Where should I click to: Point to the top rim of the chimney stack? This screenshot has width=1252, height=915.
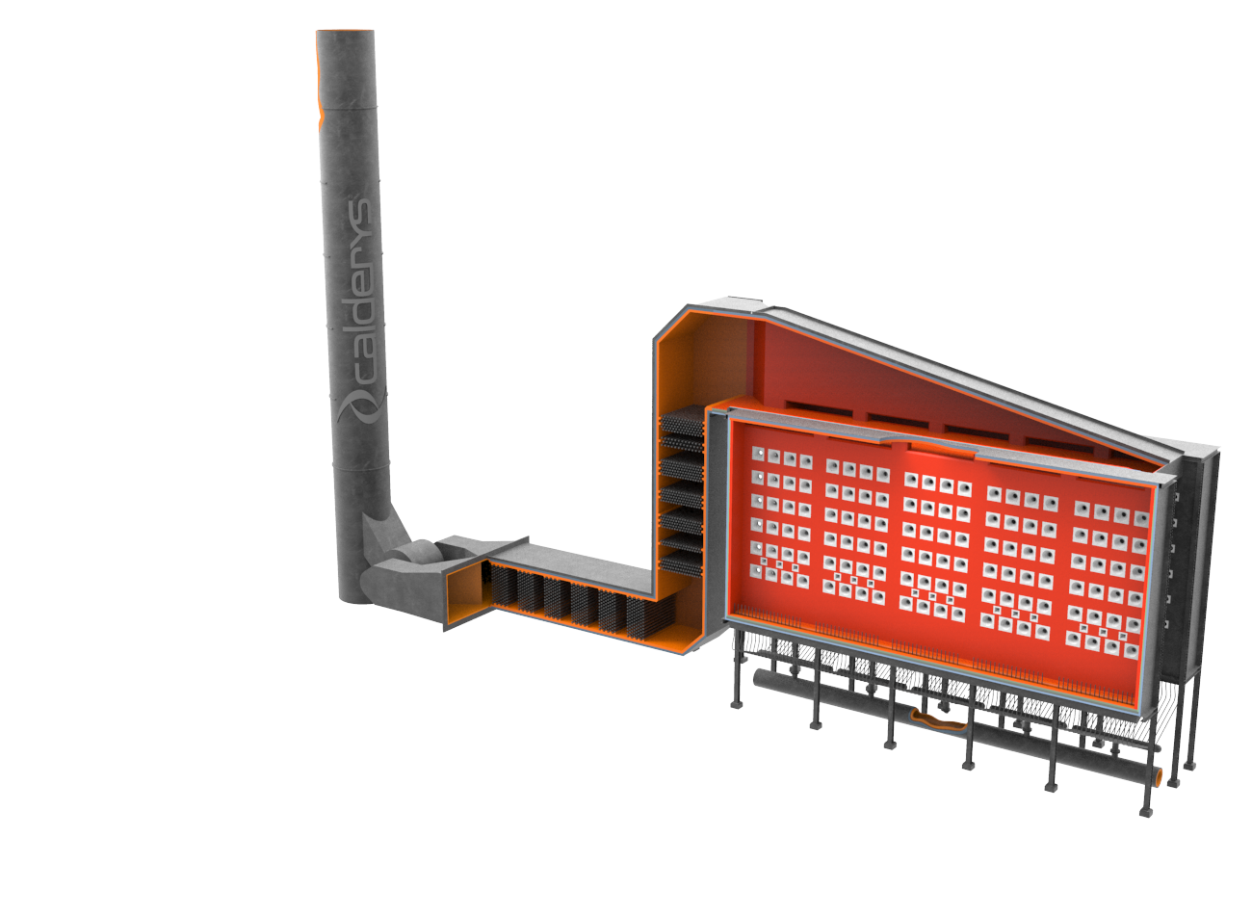345,31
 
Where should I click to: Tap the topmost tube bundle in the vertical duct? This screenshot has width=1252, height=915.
681,421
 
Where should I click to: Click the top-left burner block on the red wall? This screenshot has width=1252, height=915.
758,454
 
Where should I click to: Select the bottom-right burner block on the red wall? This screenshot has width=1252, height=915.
1130,651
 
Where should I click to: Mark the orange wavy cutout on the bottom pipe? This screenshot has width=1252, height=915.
938,719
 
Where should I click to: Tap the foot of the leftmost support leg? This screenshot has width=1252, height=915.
737,705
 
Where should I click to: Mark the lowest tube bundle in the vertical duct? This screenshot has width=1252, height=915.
681,563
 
